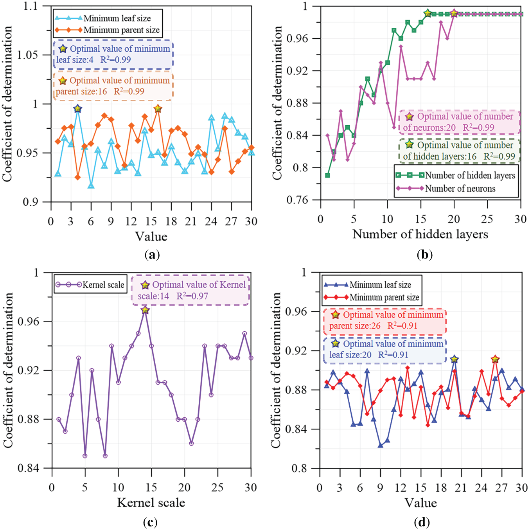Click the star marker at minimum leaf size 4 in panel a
tap(77, 108)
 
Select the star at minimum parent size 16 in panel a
tap(158, 108)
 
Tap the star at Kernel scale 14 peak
tap(145, 310)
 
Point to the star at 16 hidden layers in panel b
tap(428, 13)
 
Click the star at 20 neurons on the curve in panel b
tap(454, 13)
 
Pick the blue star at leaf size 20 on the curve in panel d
tap(454, 359)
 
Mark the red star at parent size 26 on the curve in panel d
tap(495, 359)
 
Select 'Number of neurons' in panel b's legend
tap(460, 189)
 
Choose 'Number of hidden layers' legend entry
tap(470, 175)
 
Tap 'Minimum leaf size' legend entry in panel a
tap(117, 18)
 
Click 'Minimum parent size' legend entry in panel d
tap(384, 297)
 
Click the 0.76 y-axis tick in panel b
tap(297, 200)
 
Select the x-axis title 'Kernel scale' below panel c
tap(151, 503)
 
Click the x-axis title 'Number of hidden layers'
tap(420, 234)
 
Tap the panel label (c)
tap(151, 522)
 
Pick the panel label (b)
tap(424, 255)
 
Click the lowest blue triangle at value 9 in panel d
tap(380, 446)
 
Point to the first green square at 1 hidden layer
tap(327, 175)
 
